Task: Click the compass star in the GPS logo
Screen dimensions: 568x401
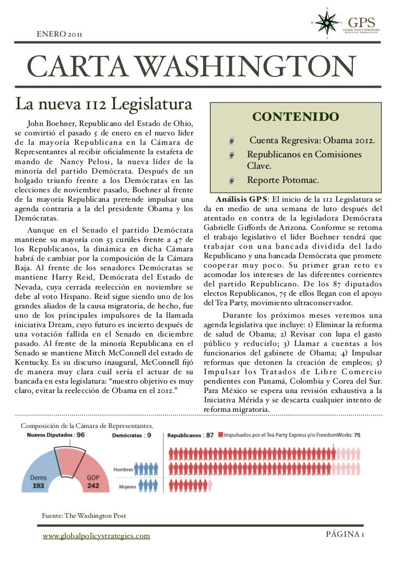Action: click(x=327, y=22)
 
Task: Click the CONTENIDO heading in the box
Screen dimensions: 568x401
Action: click(x=295, y=117)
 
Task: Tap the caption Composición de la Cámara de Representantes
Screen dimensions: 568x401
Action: click(x=87, y=426)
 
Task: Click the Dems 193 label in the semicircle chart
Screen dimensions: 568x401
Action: click(x=38, y=481)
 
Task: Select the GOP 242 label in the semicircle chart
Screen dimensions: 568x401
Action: click(x=93, y=481)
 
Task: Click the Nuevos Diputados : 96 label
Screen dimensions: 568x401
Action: click(x=55, y=435)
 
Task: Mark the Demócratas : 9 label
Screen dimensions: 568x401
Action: click(x=132, y=435)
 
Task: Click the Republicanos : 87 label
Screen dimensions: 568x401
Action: click(x=190, y=435)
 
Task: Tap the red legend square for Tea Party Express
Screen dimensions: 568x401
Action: click(x=222, y=435)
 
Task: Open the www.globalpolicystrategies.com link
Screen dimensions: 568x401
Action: click(x=96, y=536)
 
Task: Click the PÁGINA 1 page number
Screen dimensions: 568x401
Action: click(x=345, y=534)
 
